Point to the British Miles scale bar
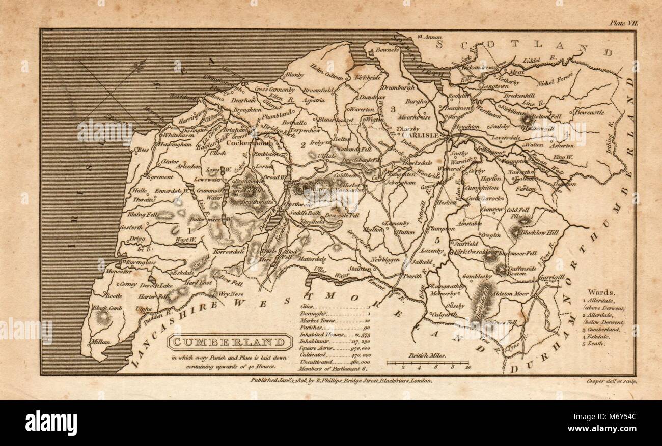point(427,363)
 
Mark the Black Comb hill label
point(105,308)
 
